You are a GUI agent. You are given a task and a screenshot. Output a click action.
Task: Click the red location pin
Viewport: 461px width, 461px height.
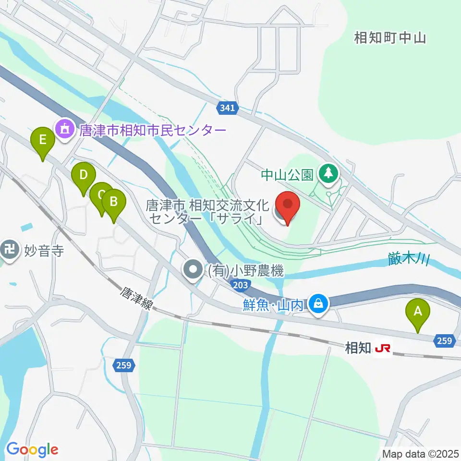[x=287, y=206]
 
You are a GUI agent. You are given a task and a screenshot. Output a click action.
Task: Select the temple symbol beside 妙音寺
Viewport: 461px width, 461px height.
[x=10, y=250]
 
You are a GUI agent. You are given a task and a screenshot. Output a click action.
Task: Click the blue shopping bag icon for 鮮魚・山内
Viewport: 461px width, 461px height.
[x=317, y=304]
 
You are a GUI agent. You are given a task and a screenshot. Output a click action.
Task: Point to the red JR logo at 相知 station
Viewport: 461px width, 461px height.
[x=383, y=348]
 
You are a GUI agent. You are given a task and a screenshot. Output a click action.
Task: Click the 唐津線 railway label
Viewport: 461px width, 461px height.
[x=135, y=298]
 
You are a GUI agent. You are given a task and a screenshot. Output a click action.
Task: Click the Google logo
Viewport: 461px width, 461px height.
[x=32, y=449]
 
